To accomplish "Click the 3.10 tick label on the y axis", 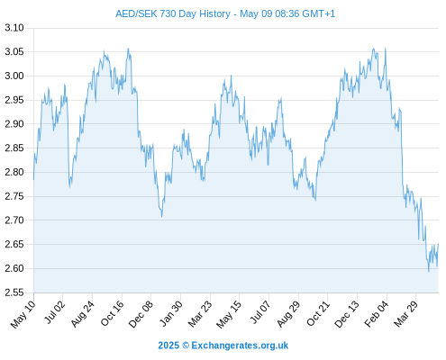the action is click(14, 28).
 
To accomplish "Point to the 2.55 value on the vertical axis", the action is click(14, 292).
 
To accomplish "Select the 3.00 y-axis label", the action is click(14, 76).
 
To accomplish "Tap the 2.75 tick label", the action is click(14, 196).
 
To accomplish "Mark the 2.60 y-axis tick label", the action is click(14, 268).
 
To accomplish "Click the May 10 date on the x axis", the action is click(23, 314).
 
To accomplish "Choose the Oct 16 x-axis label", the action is click(112, 313).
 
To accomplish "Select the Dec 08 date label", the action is click(141, 314).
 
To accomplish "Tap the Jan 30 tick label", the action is click(170, 313).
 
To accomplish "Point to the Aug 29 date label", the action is click(288, 314).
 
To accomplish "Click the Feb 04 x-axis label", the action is click(377, 314).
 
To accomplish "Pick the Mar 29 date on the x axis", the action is click(406, 313).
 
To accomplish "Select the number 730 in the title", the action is click(168, 13).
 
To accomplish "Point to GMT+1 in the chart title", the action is click(318, 13).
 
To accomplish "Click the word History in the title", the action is click(215, 14).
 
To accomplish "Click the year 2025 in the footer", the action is click(168, 346).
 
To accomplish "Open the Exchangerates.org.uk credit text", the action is click(240, 346).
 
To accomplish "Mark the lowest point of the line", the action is click(429, 272).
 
